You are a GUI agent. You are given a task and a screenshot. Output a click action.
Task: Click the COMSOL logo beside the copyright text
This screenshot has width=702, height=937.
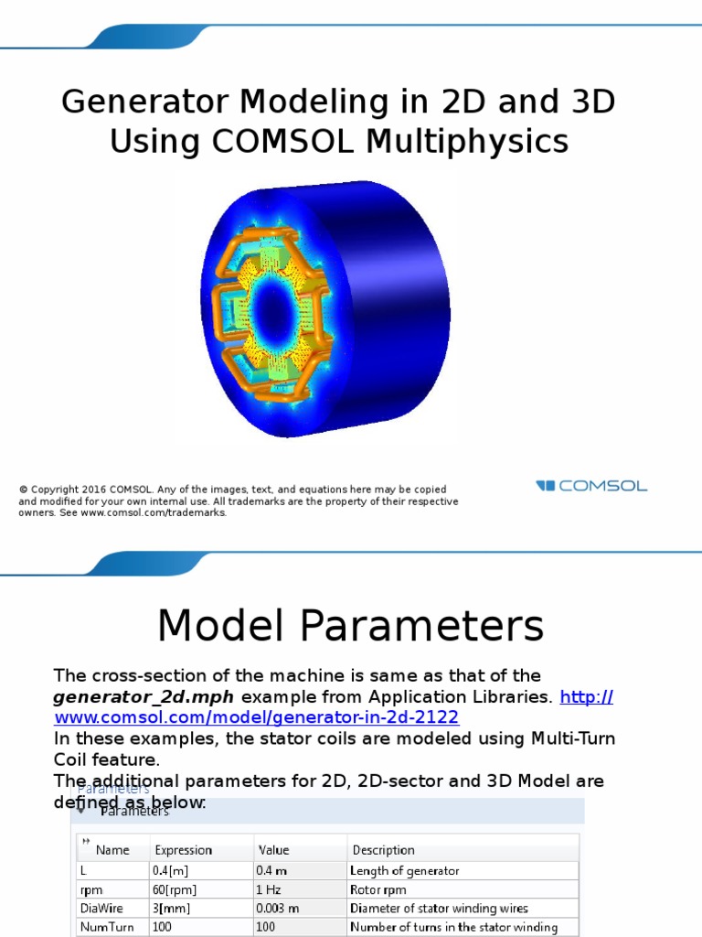pos(591,486)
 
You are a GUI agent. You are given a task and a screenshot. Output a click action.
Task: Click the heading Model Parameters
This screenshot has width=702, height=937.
pos(350,627)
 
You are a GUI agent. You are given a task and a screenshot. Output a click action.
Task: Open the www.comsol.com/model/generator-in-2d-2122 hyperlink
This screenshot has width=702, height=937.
pos(256,717)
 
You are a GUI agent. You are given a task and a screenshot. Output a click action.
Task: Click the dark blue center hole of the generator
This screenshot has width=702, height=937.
pos(271,300)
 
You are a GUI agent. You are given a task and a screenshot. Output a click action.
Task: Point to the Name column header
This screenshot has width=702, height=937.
pos(112,850)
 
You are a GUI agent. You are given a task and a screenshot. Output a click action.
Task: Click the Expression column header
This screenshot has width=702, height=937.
pos(183,850)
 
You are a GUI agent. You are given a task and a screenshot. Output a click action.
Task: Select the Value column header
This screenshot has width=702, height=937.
pos(273,850)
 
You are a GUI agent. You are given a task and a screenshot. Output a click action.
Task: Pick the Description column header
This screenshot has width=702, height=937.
pos(383,850)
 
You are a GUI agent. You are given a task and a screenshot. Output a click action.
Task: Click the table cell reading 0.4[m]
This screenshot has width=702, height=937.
pos(173,871)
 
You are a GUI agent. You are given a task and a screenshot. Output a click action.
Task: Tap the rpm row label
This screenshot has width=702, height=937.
pos(89,889)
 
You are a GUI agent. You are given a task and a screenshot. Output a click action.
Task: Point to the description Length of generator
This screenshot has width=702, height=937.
pos(404,871)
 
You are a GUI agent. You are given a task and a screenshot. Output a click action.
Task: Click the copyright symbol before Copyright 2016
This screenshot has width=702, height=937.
pos(23,490)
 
